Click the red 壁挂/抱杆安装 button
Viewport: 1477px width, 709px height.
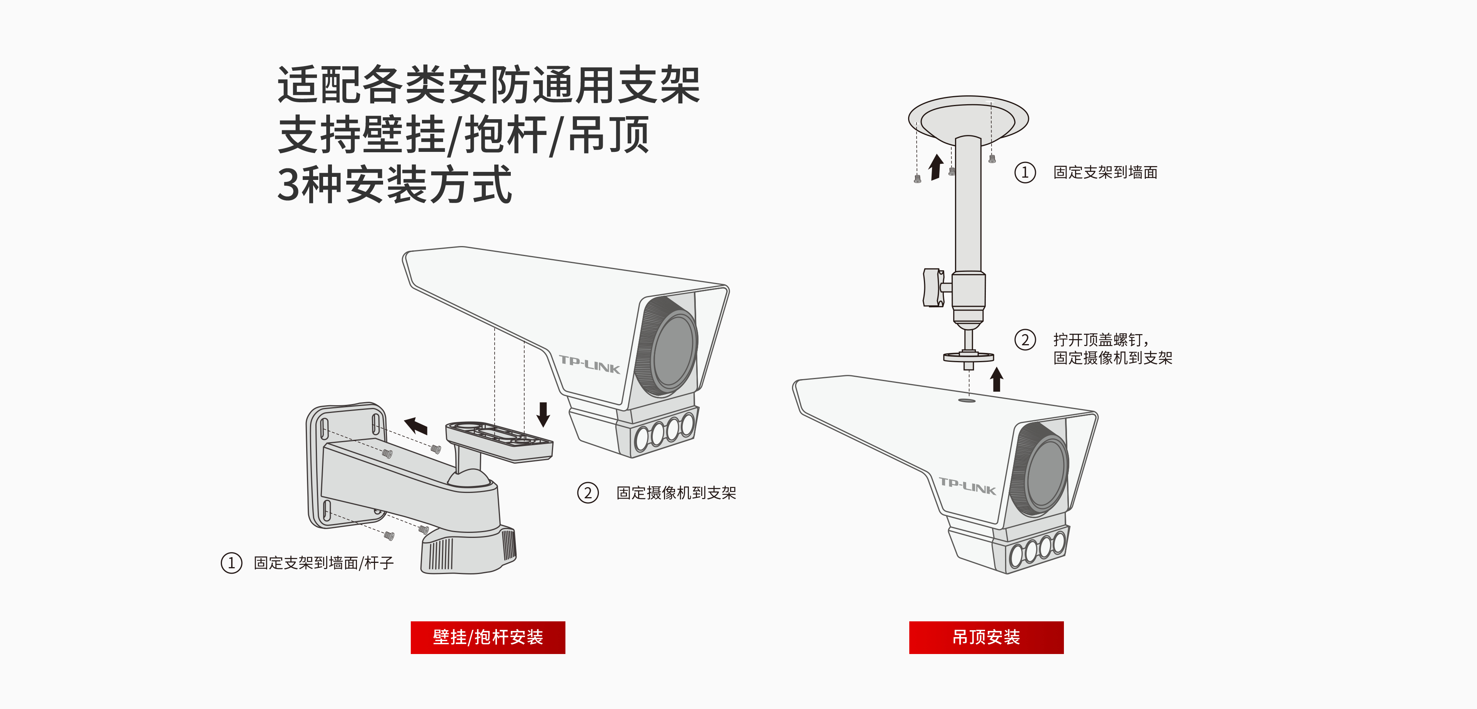pos(487,637)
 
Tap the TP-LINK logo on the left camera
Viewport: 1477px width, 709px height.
pos(589,364)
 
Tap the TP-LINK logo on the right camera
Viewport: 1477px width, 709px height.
pos(967,486)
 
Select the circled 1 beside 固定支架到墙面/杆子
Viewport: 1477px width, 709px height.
pos(231,563)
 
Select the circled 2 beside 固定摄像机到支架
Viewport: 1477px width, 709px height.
pos(588,493)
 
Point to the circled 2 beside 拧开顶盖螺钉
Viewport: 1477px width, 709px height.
pos(1025,340)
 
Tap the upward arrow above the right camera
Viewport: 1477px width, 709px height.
pos(997,379)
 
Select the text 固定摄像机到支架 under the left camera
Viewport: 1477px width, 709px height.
pos(676,493)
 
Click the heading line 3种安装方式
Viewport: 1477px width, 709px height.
pos(394,185)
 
